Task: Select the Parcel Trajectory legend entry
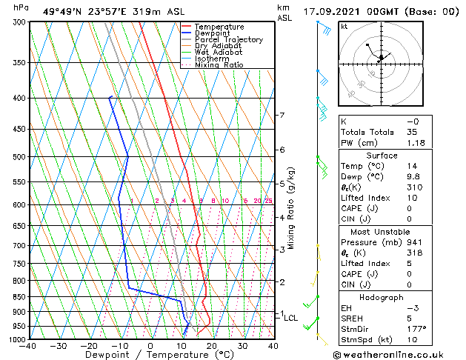pyautogui.click(x=228, y=40)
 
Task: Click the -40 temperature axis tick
pyautogui.click(x=28, y=346)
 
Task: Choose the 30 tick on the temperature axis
pyautogui.click(x=242, y=346)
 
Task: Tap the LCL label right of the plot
pyautogui.click(x=291, y=319)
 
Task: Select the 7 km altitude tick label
pyautogui.click(x=282, y=116)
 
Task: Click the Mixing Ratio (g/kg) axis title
pyautogui.click(x=291, y=208)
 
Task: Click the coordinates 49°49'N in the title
pyautogui.click(x=65, y=12)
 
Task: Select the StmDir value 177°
pyautogui.click(x=417, y=329)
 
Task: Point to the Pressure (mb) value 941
pyautogui.click(x=415, y=242)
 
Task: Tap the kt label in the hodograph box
pyautogui.click(x=344, y=27)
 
